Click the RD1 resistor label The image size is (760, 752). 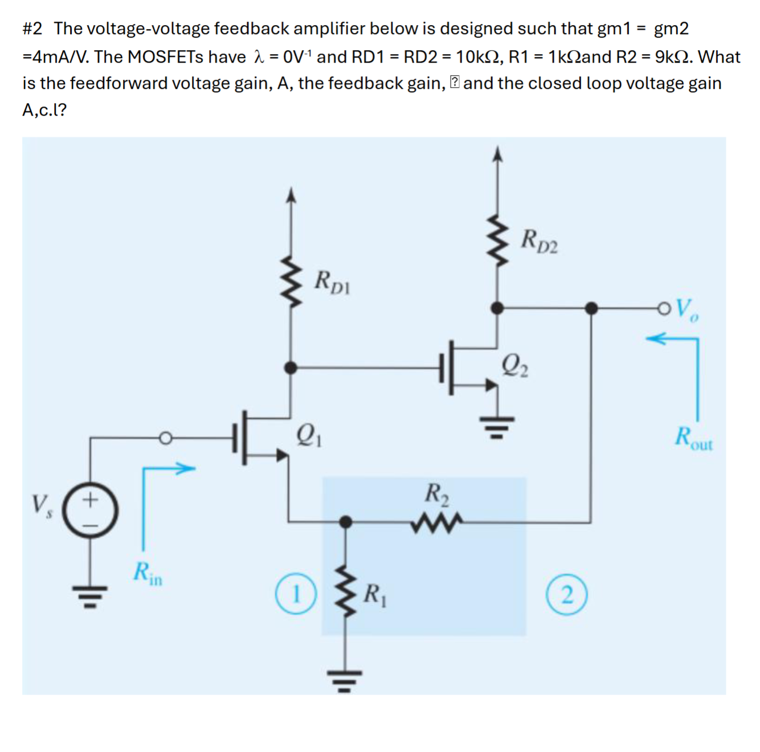[333, 282]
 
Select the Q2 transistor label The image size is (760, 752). [514, 365]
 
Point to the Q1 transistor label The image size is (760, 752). [309, 436]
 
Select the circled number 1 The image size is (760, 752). [296, 595]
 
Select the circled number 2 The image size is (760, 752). [566, 595]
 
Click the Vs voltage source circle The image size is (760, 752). [90, 510]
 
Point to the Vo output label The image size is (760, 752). [687, 309]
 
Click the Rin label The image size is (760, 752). [147, 573]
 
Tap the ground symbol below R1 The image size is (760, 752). [345, 680]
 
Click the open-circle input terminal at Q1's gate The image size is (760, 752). [165, 438]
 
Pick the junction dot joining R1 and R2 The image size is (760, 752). [345, 521]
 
